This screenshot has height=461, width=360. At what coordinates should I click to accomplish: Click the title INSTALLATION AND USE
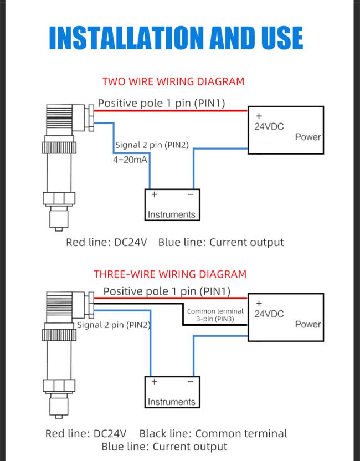176,38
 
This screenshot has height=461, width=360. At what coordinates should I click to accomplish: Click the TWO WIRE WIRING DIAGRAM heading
173,81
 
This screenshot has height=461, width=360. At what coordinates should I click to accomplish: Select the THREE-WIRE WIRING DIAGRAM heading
170,274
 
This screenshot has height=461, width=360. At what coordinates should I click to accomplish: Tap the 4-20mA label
130,160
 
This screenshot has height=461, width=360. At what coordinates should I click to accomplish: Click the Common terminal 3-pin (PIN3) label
215,315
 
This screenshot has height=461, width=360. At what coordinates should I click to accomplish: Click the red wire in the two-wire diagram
171,111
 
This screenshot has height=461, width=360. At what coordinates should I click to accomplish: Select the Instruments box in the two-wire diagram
172,205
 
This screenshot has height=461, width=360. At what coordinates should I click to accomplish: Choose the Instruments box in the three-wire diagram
172,392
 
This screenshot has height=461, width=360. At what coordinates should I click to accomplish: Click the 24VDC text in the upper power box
269,126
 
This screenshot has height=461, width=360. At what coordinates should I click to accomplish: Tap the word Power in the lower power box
308,324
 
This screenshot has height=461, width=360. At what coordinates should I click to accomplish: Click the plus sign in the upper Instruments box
155,194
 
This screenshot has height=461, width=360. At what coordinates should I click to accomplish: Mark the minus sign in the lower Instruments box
191,382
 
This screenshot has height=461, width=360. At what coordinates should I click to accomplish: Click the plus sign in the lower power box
259,303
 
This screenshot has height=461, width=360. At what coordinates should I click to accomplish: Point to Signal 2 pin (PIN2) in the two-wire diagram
152,145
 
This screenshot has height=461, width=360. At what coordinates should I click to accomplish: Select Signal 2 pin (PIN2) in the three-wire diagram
114,325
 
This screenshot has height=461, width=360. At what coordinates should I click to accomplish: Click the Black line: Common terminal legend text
213,433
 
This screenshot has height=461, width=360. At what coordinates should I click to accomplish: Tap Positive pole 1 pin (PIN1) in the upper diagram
161,103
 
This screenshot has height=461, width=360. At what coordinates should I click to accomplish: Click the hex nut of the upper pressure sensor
59,198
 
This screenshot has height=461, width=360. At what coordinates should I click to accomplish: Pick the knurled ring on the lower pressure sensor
59,335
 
